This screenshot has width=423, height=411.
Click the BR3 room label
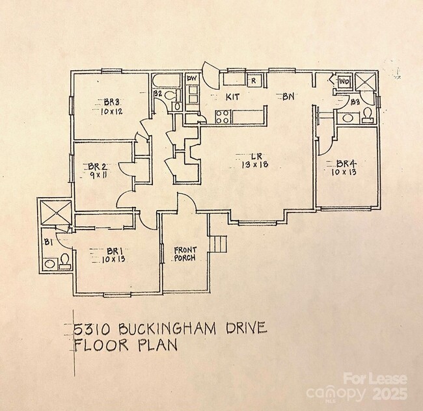point(111,101)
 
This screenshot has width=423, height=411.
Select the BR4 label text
point(345,163)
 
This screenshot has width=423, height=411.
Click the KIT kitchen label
point(233,97)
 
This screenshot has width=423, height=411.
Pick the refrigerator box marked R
point(254,81)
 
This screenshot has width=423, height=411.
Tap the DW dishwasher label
point(191,79)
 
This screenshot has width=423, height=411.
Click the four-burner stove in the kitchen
point(222,117)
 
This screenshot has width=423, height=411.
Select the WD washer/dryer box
point(344,81)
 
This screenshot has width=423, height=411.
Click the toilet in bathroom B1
point(64,261)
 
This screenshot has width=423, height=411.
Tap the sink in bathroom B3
point(346,118)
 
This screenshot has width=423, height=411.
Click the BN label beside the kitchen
point(288,96)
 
